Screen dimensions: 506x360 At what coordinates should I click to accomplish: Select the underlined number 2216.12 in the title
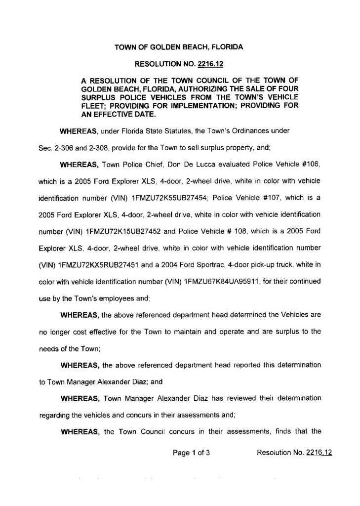tap(211, 64)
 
